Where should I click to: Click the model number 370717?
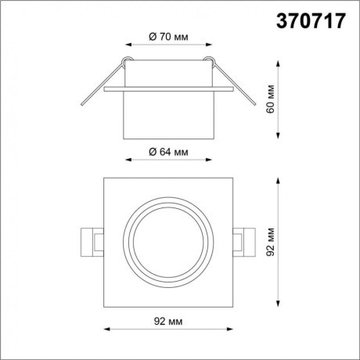pos(311,21)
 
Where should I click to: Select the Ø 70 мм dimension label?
pos(168,35)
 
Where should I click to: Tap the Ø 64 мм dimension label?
pos(168,151)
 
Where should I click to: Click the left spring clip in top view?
pos(92,241)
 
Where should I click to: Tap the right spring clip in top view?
pos(245,241)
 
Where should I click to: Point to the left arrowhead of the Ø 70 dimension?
pos(127,45)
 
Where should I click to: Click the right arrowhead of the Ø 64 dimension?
pos(210,159)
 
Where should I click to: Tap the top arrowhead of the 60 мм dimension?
pos(279,60)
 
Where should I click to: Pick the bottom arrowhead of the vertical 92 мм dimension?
pos(279,307)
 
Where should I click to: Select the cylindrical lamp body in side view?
pos(168,113)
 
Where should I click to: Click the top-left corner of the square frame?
pos(104,178)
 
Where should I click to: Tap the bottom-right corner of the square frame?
pos(233,306)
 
